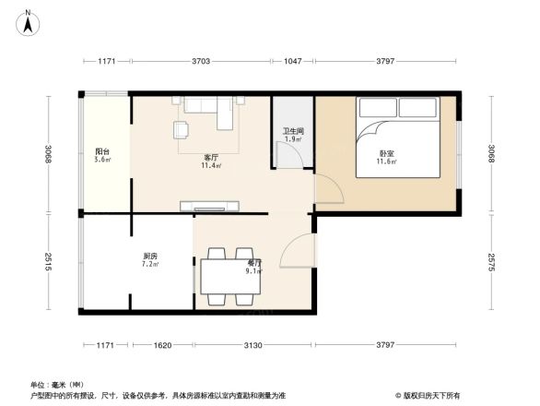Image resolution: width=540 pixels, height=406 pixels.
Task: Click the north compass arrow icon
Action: click(x=29, y=23)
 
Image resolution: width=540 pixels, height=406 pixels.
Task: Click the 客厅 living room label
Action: click(x=211, y=158)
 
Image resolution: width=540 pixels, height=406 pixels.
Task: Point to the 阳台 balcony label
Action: click(x=102, y=152)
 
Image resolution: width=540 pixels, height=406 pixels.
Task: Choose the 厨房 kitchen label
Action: click(x=149, y=257)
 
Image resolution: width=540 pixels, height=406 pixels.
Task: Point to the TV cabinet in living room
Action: click(x=210, y=206)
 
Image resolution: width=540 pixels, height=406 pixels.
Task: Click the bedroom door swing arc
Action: click(x=329, y=189)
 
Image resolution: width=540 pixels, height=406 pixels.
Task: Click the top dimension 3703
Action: click(x=201, y=61)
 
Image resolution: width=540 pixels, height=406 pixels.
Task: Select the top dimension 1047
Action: click(x=293, y=61)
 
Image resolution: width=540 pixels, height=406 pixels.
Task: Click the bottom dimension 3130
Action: click(x=253, y=345)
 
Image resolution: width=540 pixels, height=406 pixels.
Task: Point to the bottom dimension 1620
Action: click(x=163, y=345)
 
